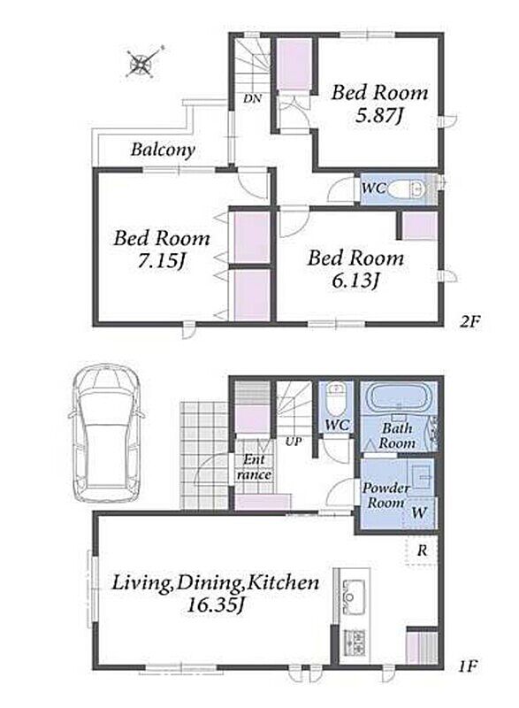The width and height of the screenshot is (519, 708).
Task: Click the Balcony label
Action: click(x=163, y=150)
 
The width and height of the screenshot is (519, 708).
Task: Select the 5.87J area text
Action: click(x=378, y=116)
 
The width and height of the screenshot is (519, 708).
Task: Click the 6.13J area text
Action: click(x=355, y=281)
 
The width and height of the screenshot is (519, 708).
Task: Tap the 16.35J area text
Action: click(x=216, y=604)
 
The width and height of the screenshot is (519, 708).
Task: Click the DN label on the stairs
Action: click(x=253, y=98)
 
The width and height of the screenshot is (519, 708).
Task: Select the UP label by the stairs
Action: click(x=294, y=441)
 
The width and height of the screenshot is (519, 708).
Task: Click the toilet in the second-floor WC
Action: click(x=406, y=189)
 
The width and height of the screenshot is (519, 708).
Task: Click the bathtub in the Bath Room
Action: click(x=398, y=397)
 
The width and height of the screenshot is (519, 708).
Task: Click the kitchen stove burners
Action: click(x=355, y=642)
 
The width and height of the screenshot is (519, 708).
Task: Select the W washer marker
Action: click(x=419, y=512)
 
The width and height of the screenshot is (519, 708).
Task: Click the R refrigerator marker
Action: click(x=422, y=550)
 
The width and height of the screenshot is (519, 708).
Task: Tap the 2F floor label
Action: click(x=470, y=321)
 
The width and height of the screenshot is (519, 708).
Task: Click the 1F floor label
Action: click(x=468, y=666)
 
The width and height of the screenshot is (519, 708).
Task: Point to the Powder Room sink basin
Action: click(x=421, y=477)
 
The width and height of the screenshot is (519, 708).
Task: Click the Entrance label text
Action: click(x=255, y=467)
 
